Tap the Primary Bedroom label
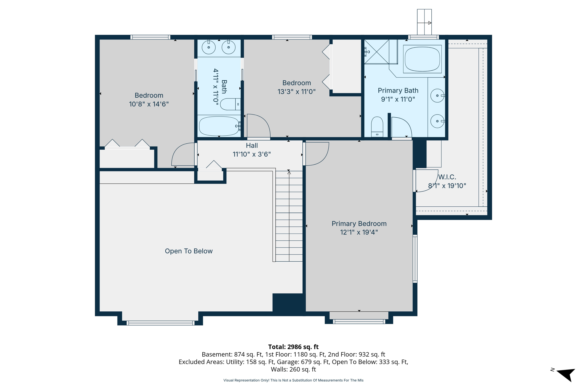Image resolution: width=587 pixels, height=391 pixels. coord(359,224)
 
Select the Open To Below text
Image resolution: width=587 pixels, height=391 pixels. coord(189,251)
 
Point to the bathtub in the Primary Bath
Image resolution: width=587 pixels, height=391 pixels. coord(422,59)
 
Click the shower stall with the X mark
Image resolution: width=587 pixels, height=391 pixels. coord(376,52)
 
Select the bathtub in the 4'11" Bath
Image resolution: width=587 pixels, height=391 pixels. coord(219,126)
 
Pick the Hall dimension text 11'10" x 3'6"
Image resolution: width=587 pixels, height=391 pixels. coord(252,154)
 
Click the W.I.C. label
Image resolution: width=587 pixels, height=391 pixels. coord(447,177)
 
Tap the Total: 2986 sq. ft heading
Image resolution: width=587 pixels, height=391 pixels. coord(293,347)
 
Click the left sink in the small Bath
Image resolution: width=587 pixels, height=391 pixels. coord(209,47)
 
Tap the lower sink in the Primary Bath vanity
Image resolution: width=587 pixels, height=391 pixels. coord(437,121)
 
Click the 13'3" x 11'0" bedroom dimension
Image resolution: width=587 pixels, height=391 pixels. coord(296,92)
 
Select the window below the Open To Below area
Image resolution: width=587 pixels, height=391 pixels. coord(161,323)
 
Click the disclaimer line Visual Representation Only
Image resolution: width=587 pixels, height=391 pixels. coord(293,380)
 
